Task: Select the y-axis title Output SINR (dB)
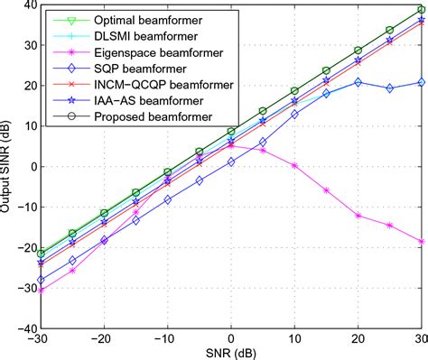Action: coord(7,167)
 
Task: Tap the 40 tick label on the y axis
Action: coord(27,5)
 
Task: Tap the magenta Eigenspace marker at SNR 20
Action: coord(358,216)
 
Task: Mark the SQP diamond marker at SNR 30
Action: coord(421,82)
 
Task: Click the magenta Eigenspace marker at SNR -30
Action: coord(42,290)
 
